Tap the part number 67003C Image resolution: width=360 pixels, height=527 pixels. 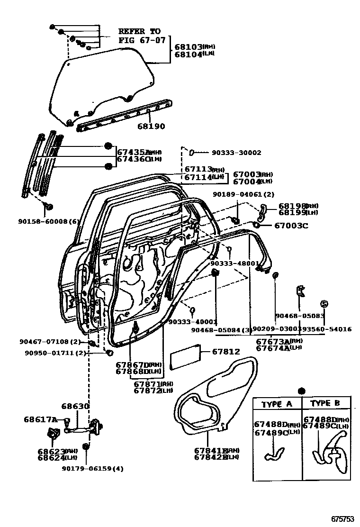pyautogui.click(x=291, y=226)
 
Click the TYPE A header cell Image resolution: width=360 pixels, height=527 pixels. pyautogui.click(x=277, y=404)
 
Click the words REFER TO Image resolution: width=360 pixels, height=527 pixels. pyautogui.click(x=139, y=31)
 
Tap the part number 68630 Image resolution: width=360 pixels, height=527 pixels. pyautogui.click(x=75, y=407)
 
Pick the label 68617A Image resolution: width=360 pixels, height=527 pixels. pyautogui.click(x=40, y=419)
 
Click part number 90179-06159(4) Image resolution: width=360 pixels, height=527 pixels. pyautogui.click(x=92, y=469)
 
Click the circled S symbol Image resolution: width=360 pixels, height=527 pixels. pyautogui.click(x=324, y=303)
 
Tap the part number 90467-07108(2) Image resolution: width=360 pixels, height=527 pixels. pyautogui.click(x=51, y=342)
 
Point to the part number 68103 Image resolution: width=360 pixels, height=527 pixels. pyautogui.click(x=188, y=47)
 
